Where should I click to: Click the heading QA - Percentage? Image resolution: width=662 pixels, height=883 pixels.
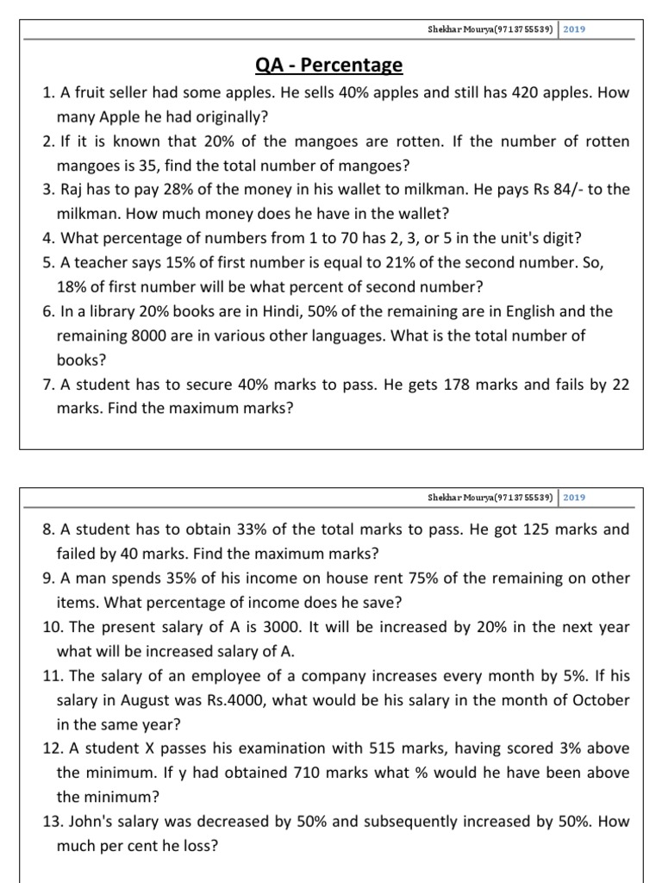point(330,66)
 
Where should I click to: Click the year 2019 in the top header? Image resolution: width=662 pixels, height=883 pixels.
point(574,28)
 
